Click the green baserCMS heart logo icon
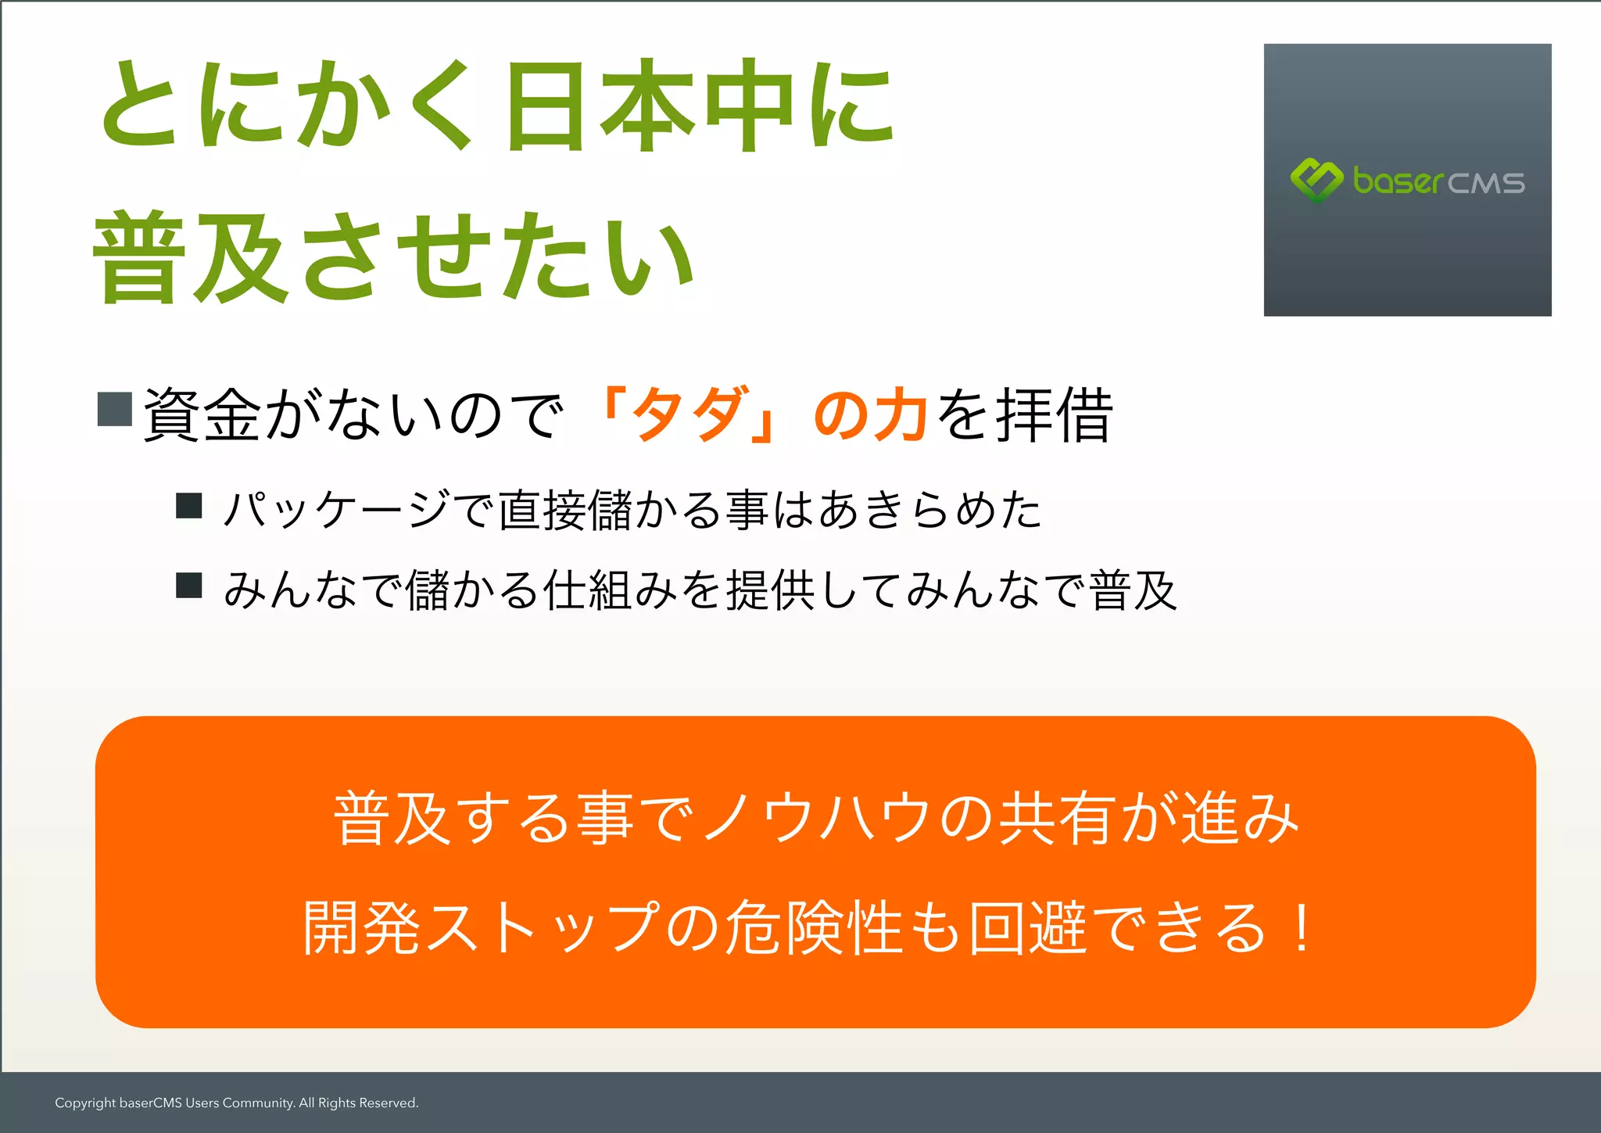1316,180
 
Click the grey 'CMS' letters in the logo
1485,184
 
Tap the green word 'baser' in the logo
1398,181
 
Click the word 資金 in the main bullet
202,415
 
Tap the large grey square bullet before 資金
115,408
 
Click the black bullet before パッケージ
189,506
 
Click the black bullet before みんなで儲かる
189,585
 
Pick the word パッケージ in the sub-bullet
336,510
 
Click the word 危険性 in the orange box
813,928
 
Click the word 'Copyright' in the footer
85,1103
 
